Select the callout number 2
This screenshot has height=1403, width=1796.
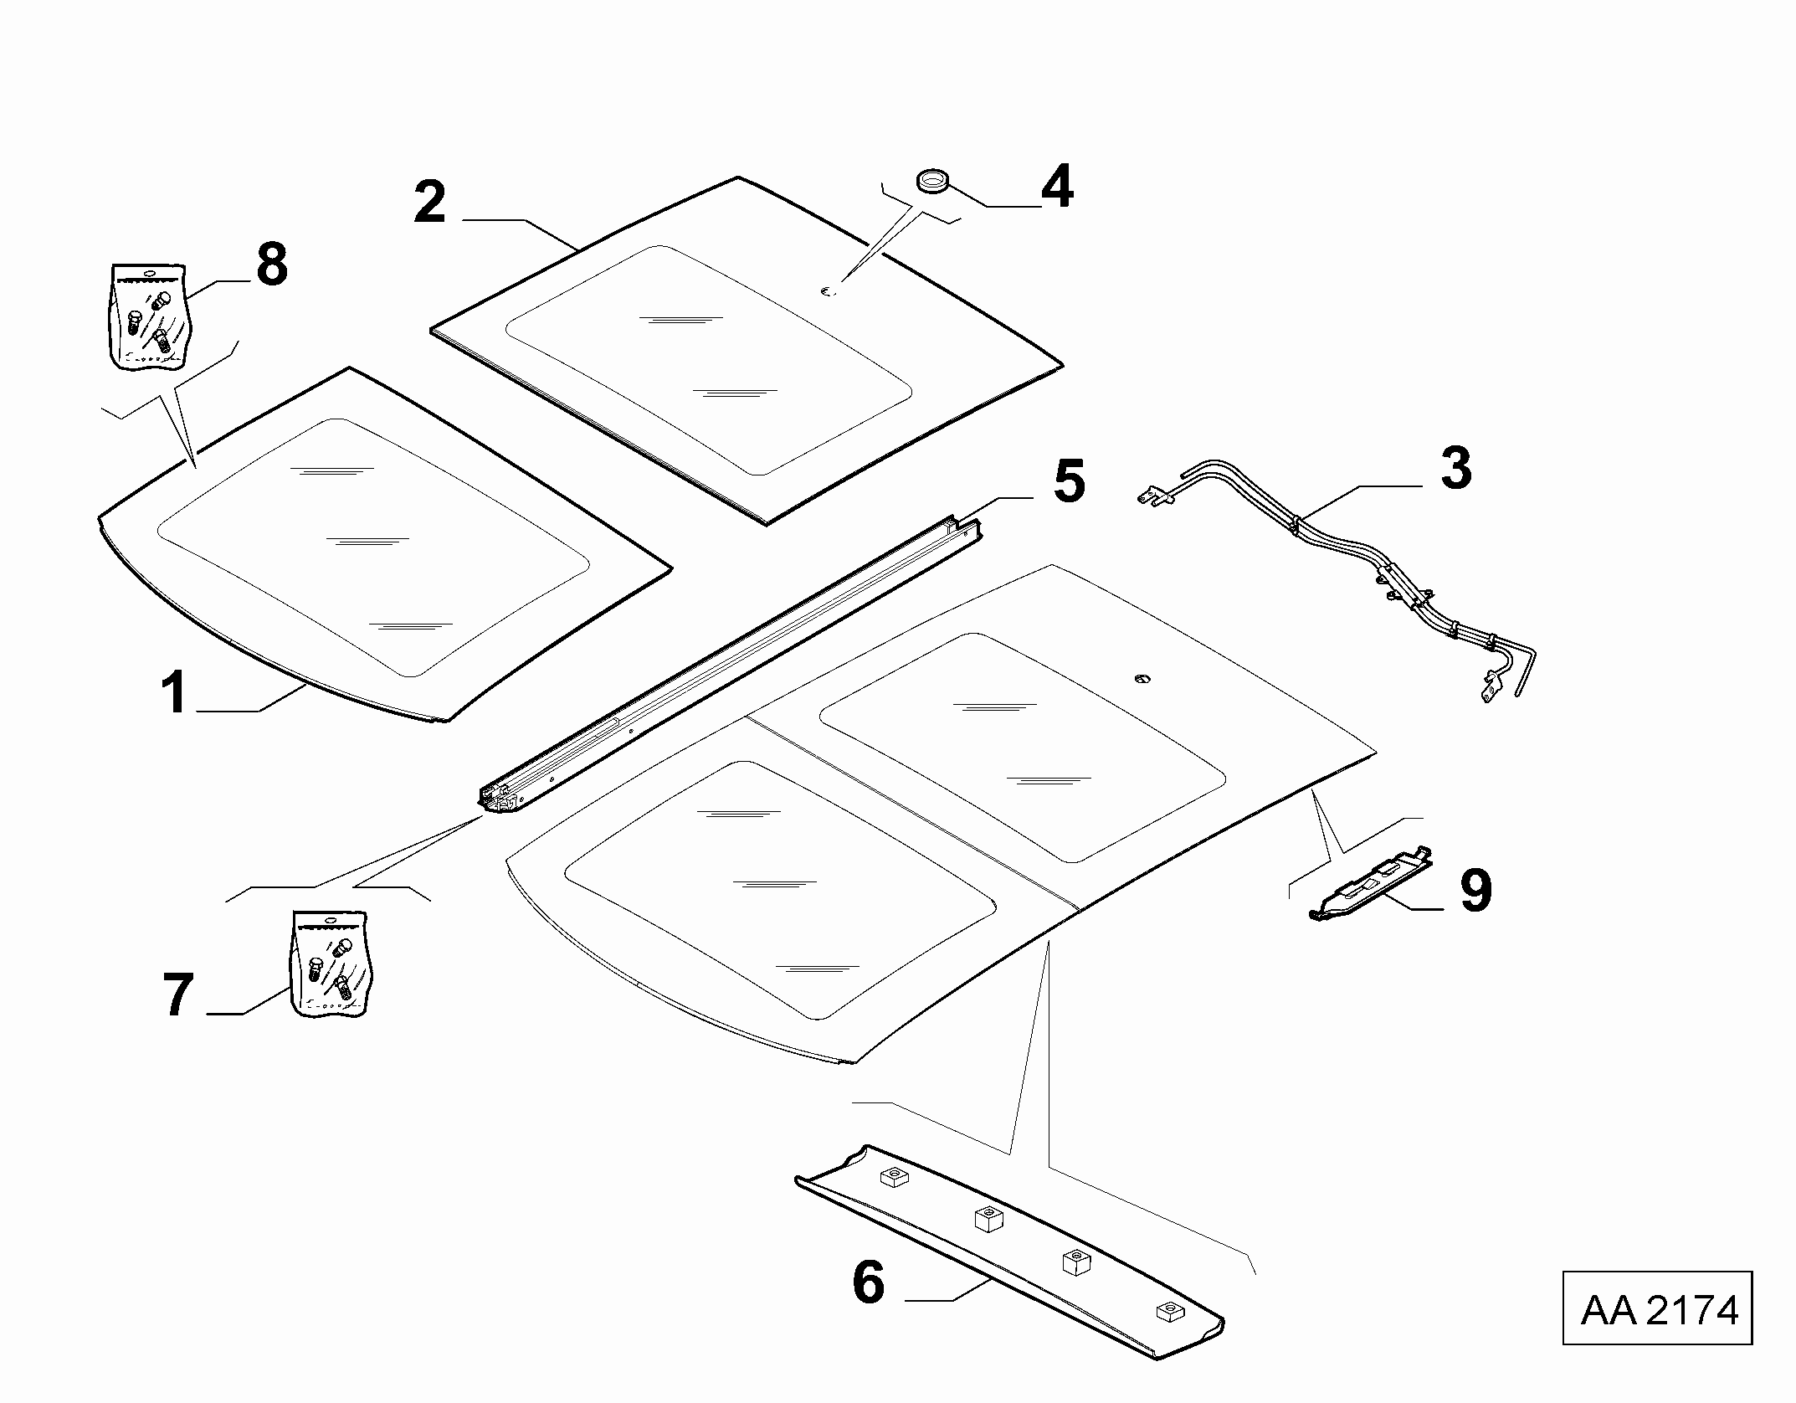coord(430,202)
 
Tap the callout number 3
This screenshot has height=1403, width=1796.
coord(1456,469)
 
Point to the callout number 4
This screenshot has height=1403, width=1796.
coord(1056,187)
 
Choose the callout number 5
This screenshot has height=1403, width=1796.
coord(1069,481)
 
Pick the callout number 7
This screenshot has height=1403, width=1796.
coord(177,995)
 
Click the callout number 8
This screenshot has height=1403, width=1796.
coord(272,265)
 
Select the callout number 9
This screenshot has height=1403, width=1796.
coord(1475,891)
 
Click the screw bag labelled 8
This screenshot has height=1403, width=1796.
coord(148,317)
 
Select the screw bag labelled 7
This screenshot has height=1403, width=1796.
coord(331,964)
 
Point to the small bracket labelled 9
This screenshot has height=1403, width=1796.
coord(1370,884)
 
